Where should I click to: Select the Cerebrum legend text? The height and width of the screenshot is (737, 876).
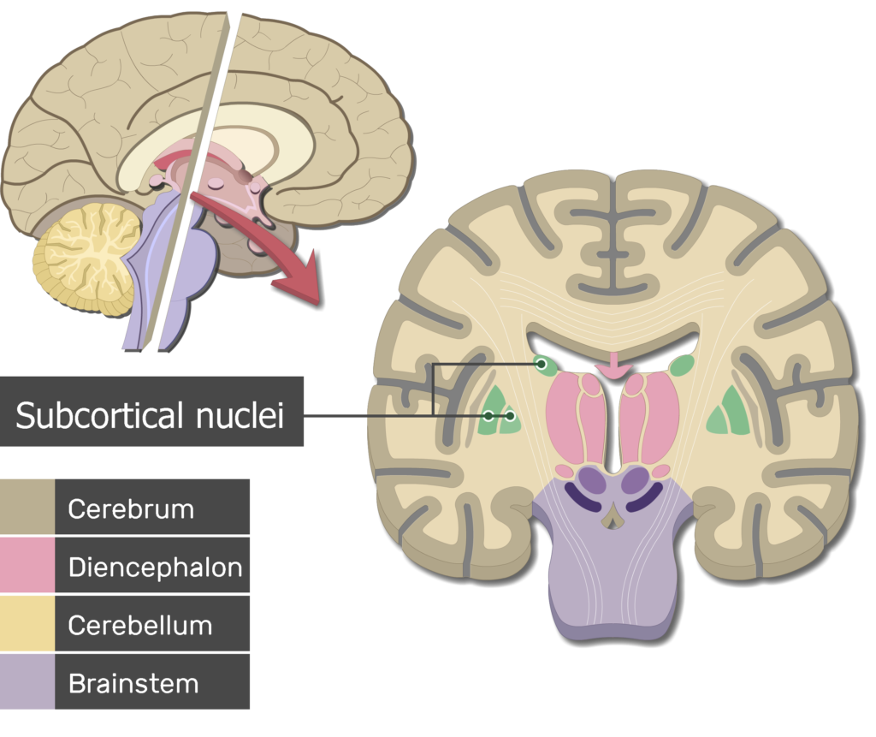tap(131, 508)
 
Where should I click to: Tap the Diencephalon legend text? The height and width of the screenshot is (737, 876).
tap(155, 567)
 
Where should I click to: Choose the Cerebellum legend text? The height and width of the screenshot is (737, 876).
tap(139, 625)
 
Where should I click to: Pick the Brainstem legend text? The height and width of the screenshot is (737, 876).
tap(133, 683)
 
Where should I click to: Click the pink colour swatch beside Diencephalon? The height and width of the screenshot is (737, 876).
tap(27, 565)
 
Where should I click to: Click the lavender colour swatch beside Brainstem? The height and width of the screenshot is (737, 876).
tap(27, 681)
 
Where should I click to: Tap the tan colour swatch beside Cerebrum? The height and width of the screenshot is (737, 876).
tap(27, 507)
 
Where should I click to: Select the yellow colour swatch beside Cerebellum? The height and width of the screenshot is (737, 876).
tap(27, 623)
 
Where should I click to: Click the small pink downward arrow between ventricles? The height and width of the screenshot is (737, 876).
tap(615, 368)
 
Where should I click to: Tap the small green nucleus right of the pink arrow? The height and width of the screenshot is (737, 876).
tap(682, 366)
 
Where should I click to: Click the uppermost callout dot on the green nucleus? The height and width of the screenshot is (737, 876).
tap(542, 364)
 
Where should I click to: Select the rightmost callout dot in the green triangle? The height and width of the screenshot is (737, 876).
tap(510, 416)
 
